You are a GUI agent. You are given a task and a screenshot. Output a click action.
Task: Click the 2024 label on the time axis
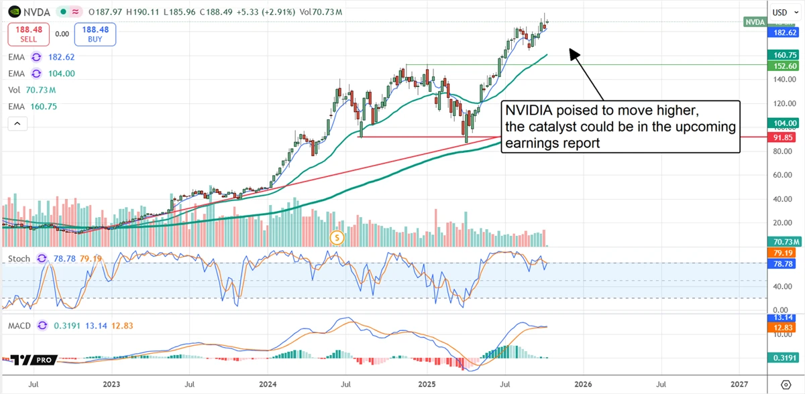(x=267, y=385)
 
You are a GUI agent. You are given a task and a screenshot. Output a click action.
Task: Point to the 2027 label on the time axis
(x=739, y=385)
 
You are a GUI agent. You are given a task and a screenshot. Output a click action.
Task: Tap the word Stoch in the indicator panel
(x=19, y=258)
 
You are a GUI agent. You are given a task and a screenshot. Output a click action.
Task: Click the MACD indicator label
(x=20, y=325)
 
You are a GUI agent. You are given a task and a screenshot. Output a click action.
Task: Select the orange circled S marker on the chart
(x=337, y=237)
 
